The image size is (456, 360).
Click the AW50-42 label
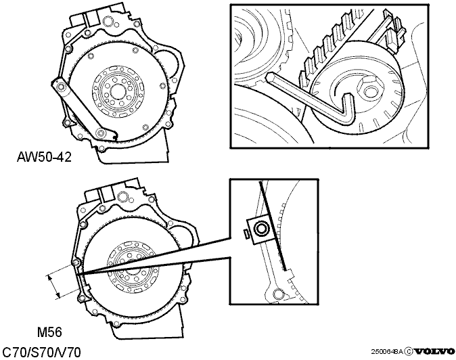(44, 157)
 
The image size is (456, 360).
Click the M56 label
(50, 332)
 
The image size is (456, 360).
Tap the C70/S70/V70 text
(41, 353)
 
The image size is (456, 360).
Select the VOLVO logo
(434, 352)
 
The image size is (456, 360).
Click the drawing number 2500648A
(387, 352)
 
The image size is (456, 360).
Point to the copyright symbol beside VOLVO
(409, 352)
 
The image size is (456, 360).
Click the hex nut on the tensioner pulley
(369, 91)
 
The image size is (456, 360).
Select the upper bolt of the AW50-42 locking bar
(61, 87)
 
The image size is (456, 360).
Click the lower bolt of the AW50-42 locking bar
(101, 133)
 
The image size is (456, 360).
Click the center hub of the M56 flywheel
(133, 267)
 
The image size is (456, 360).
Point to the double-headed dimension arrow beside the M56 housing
(54, 287)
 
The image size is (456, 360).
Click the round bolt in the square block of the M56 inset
(260, 229)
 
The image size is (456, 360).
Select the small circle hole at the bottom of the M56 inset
(278, 294)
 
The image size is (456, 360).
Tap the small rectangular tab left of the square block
(245, 233)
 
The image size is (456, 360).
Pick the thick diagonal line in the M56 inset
(273, 225)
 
